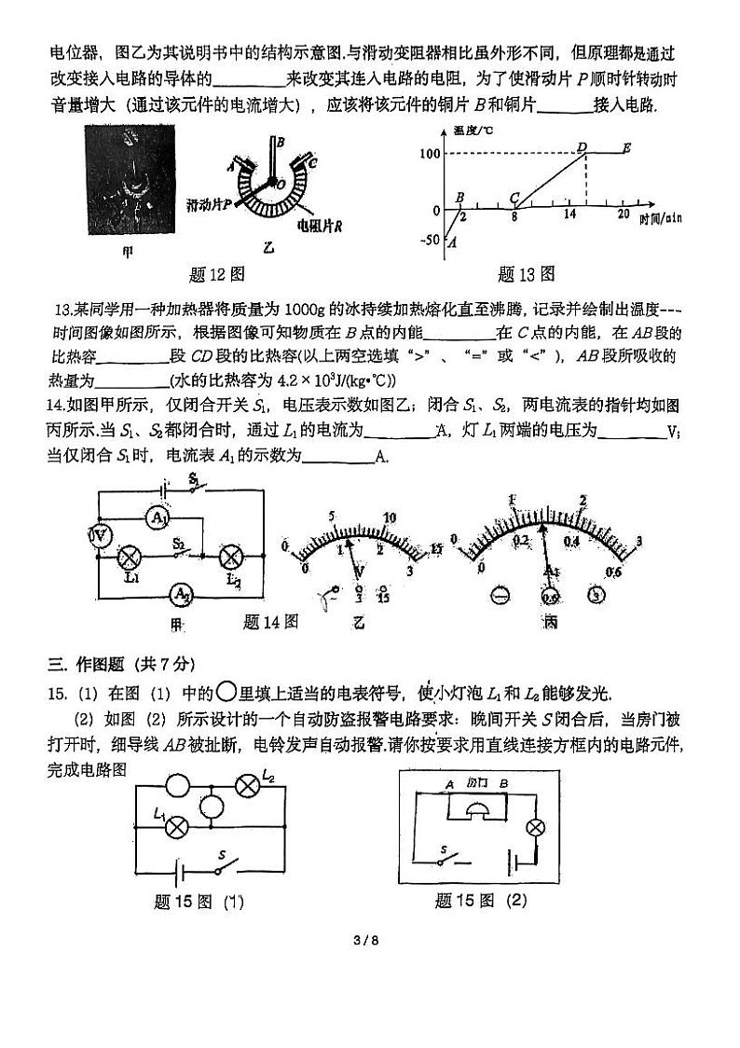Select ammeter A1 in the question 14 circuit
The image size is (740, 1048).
(x=159, y=517)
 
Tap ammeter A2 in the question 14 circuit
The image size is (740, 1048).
(x=181, y=592)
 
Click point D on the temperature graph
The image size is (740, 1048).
(x=582, y=146)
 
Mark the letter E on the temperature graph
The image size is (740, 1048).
(x=626, y=147)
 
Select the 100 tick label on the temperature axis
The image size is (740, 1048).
(x=429, y=153)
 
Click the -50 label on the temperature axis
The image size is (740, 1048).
(x=430, y=241)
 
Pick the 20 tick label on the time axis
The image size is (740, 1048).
(x=623, y=214)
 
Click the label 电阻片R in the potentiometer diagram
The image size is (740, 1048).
(x=318, y=226)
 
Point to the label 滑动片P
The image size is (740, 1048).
(x=209, y=203)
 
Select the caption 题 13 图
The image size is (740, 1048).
(x=527, y=273)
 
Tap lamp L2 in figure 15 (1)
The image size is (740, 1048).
(x=247, y=785)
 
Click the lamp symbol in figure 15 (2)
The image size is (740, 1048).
(x=535, y=827)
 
